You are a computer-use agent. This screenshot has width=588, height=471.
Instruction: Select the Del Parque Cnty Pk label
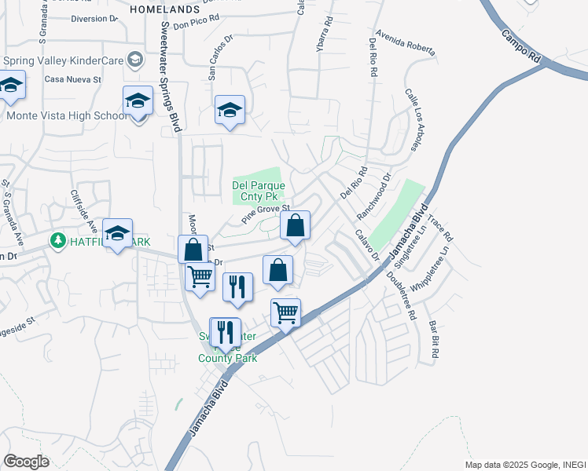point(255,191)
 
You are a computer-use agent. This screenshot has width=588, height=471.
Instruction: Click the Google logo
point(27,462)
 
